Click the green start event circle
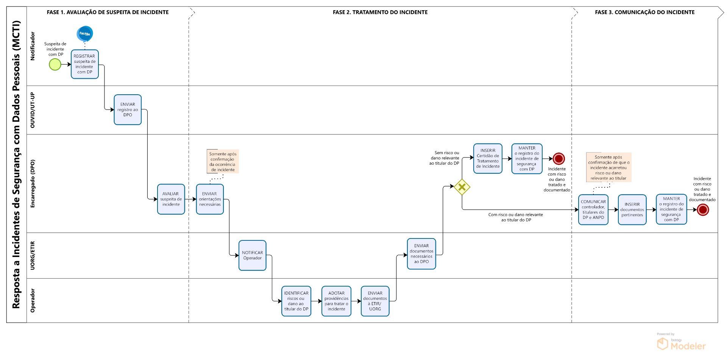(55, 65)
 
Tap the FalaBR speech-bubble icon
(85, 34)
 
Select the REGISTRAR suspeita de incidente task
(85, 64)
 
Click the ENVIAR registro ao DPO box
(128, 110)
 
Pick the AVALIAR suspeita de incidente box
(171, 199)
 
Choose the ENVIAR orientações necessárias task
(210, 199)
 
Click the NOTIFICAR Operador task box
(253, 256)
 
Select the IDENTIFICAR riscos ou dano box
(296, 301)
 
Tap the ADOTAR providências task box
(336, 301)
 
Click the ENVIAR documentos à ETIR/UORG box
(375, 301)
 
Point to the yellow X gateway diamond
(462, 187)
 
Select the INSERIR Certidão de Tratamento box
(488, 159)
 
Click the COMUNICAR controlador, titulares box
(593, 210)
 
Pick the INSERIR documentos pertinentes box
(632, 210)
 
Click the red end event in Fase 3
(703, 210)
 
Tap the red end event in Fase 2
(559, 159)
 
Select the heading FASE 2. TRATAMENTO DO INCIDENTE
(380, 12)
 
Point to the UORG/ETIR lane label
(33, 256)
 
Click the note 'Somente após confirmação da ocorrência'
(223, 162)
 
